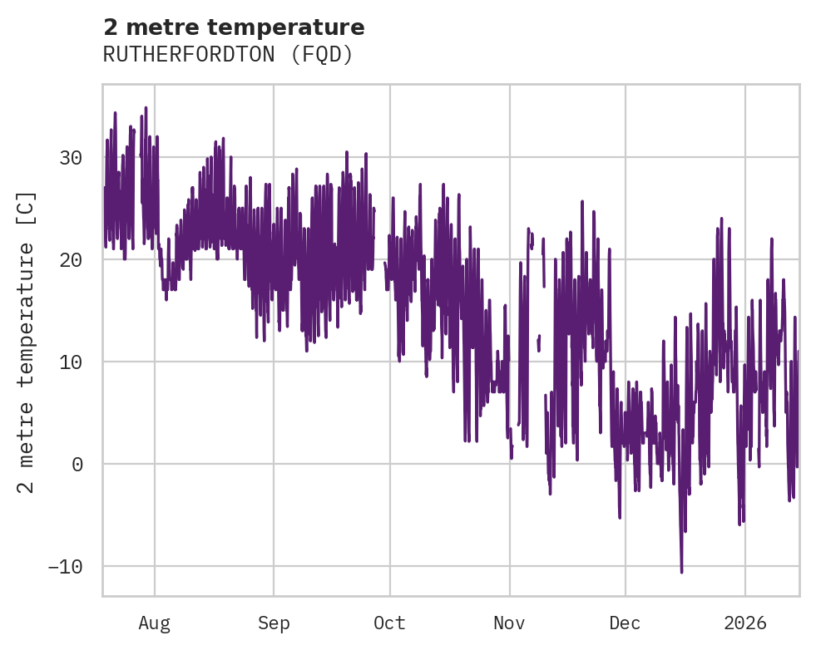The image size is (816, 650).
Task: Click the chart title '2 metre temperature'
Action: pyautogui.click(x=234, y=28)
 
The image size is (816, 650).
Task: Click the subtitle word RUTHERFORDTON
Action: pyautogui.click(x=189, y=55)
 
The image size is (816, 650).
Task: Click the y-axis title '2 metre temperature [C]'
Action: pyautogui.click(x=27, y=342)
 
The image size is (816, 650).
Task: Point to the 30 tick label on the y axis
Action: pyautogui.click(x=72, y=158)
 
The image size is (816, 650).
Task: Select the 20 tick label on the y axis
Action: pyautogui.click(x=72, y=260)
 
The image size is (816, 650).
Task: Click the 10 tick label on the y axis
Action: pyautogui.click(x=72, y=362)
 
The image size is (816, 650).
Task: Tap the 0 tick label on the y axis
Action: pyautogui.click(x=78, y=465)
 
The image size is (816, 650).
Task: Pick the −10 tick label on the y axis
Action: pyautogui.click(x=67, y=567)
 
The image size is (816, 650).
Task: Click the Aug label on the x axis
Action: pyautogui.click(x=154, y=623)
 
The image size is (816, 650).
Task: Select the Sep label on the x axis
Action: pyautogui.click(x=274, y=623)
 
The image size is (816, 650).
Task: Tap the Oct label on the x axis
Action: pyautogui.click(x=389, y=623)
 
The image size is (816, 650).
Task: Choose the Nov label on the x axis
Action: pyautogui.click(x=509, y=623)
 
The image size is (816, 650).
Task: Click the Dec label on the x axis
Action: pyautogui.click(x=625, y=623)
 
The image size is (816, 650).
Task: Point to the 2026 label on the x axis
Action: pyautogui.click(x=745, y=623)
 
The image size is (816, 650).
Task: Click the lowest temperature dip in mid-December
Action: pyautogui.click(x=681, y=572)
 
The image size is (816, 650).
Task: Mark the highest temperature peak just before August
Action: pyautogui.click(x=146, y=107)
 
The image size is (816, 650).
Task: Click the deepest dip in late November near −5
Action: pyautogui.click(x=620, y=517)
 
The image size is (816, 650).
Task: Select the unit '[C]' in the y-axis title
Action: pyautogui.click(x=27, y=209)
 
